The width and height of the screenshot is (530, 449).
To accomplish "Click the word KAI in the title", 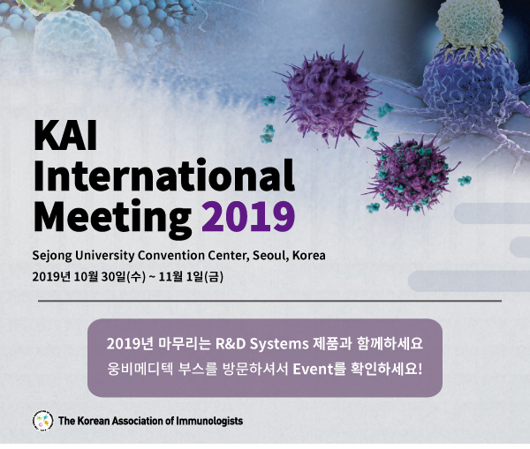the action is point(65,135).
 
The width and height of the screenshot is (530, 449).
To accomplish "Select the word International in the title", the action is point(164,175).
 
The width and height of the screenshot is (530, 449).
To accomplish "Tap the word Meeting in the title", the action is point(112,217).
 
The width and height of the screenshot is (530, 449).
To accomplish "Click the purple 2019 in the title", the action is point(248,216).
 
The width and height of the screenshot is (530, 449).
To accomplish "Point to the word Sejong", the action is point(52,256).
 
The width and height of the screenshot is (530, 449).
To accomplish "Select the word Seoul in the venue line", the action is point(271,256).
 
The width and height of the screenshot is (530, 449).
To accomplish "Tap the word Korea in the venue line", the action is point(309,255).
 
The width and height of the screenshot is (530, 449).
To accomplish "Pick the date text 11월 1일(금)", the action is point(191,277).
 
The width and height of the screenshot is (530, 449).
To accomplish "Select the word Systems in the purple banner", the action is point(279,344).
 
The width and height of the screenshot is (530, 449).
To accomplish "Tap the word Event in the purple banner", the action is point(313,369).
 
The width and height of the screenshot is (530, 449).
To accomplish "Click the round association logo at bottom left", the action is point(43,421).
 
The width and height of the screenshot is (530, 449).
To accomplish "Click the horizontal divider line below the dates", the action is point(269,300).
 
